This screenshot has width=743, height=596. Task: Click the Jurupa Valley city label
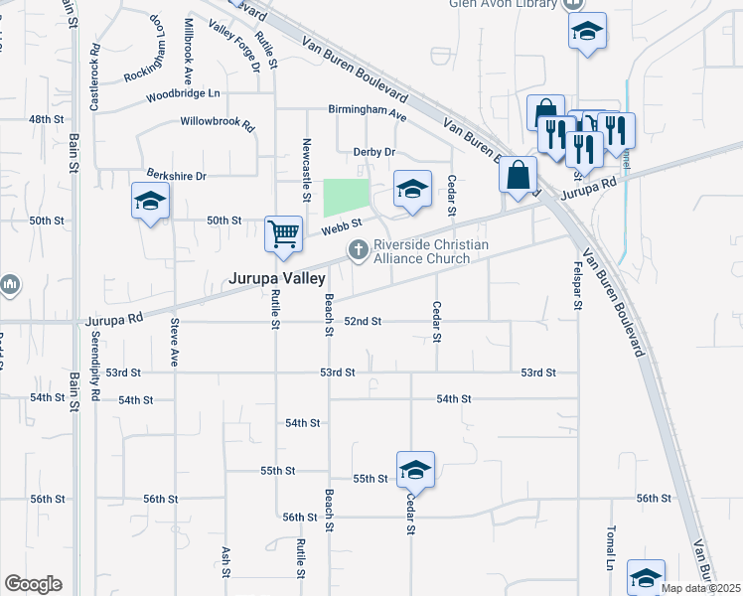pyautogui.click(x=278, y=280)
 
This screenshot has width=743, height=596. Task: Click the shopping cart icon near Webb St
pyautogui.click(x=283, y=233)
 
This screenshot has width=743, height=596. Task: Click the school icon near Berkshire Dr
pyautogui.click(x=150, y=202)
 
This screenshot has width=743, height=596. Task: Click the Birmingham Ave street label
pyautogui.click(x=369, y=114)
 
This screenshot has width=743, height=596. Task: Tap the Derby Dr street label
pyautogui.click(x=374, y=152)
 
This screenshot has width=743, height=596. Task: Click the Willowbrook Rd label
pyautogui.click(x=218, y=126)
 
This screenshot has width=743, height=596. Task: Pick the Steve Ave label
pyautogui.click(x=174, y=343)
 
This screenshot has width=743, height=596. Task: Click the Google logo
pyautogui.click(x=33, y=584)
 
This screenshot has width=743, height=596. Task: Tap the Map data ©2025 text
pyautogui.click(x=700, y=588)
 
